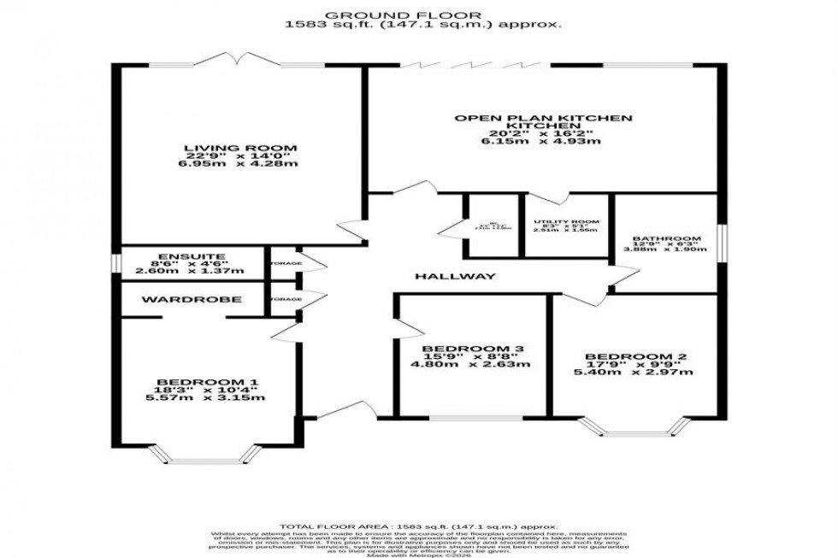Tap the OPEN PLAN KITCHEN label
point(543,117)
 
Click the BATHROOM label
point(666,238)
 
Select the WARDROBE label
point(192,299)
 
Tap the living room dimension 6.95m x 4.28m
point(242,162)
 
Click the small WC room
point(491,227)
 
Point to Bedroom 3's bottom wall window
point(474,418)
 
